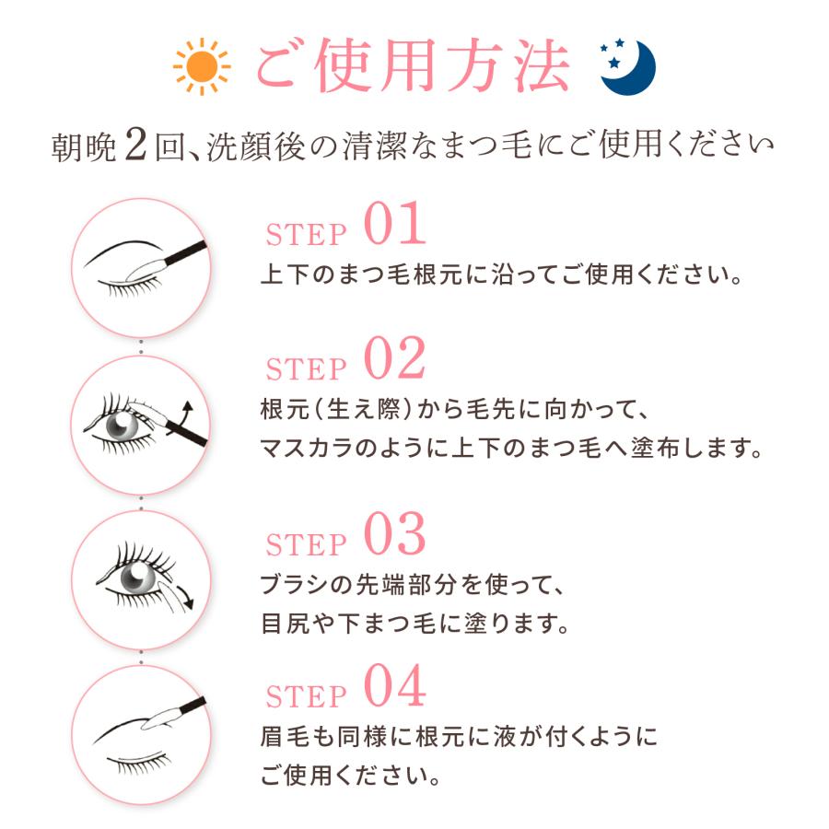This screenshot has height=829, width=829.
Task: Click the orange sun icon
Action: (x=202, y=66)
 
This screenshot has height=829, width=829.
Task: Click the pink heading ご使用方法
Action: (x=413, y=66)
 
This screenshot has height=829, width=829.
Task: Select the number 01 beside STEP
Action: (x=394, y=223)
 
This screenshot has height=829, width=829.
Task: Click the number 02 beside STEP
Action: (x=394, y=358)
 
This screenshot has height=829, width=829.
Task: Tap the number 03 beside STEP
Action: (x=394, y=534)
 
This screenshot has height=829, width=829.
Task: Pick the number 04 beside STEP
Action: (x=394, y=685)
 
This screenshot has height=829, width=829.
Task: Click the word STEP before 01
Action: (x=306, y=235)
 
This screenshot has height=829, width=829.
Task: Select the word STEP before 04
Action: (x=306, y=697)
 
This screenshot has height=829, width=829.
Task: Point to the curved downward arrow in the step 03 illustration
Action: (x=186, y=596)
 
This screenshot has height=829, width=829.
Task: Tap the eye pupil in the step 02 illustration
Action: (x=121, y=424)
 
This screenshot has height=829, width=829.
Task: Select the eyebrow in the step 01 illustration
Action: (x=123, y=251)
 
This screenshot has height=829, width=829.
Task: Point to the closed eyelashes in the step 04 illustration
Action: (x=140, y=762)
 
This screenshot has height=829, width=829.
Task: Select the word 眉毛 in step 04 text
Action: (x=285, y=737)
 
